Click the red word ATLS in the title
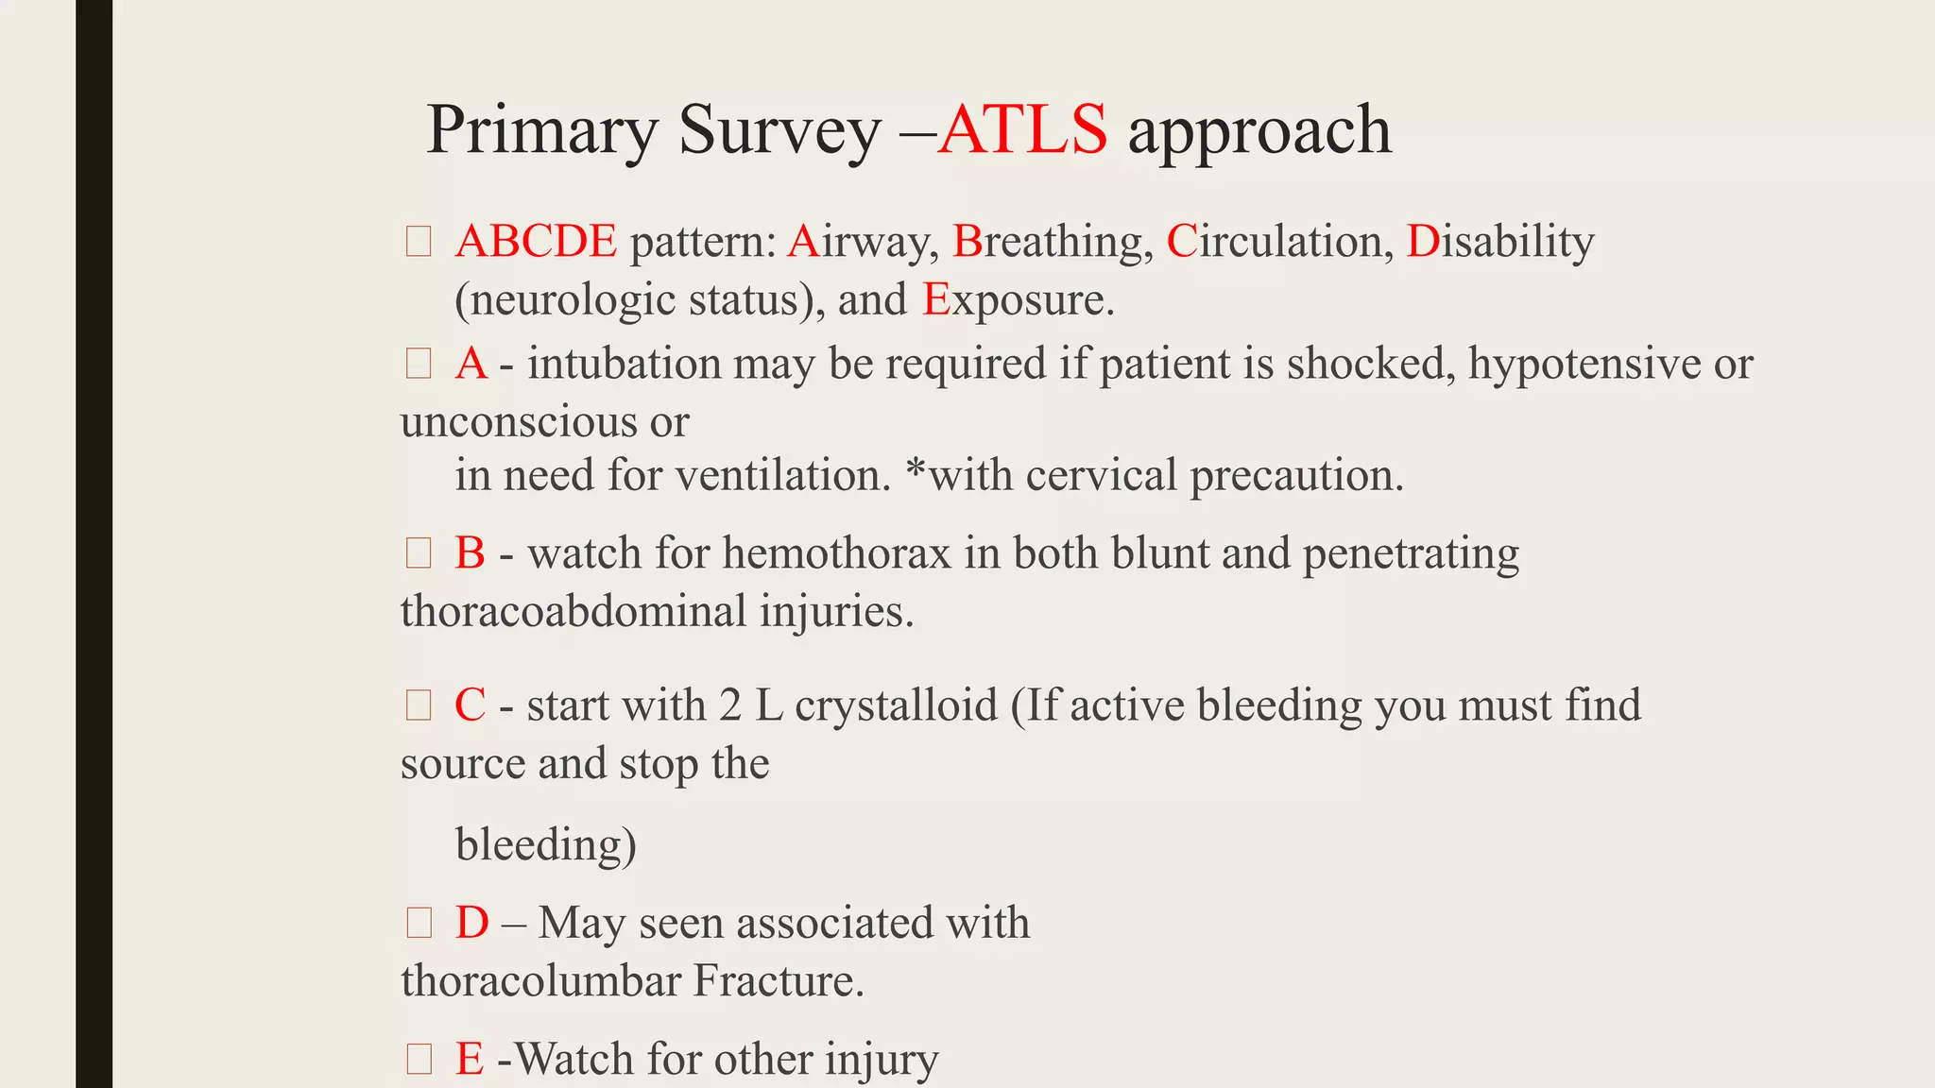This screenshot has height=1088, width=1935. coord(1022,129)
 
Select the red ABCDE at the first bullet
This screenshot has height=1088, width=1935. coord(536,242)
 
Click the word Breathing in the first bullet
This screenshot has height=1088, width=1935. coord(1052,242)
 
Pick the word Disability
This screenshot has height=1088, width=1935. coord(1499,242)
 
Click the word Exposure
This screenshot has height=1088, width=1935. coord(1018,300)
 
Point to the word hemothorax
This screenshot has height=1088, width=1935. coord(836,553)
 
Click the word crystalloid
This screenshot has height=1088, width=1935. coord(896,705)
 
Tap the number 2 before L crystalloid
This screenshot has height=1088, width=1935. coord(729,705)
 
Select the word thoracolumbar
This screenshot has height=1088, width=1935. coord(540,980)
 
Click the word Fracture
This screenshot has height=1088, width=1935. coord(778,980)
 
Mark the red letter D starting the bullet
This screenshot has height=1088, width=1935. coord(471,923)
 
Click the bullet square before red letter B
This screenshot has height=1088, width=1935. coord(419,553)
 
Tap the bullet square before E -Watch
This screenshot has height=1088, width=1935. coord(419,1059)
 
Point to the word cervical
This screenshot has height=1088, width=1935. coord(1101,475)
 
